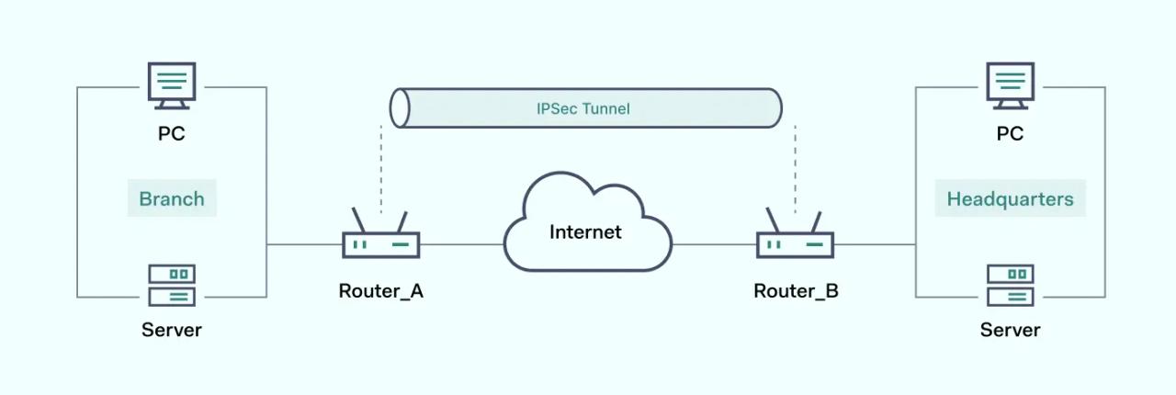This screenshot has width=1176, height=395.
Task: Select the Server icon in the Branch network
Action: [x=171, y=285]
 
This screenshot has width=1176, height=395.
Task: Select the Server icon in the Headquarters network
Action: [x=1010, y=285]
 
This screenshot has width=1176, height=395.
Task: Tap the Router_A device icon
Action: [x=381, y=244]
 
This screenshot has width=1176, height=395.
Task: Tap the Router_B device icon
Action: [x=795, y=244]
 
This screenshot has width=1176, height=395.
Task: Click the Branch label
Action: [x=172, y=198]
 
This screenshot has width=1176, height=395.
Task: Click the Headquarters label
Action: [x=1010, y=198]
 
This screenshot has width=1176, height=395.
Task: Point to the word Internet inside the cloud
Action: [x=585, y=231]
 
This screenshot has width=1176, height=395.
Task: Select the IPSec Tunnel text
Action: [x=583, y=108]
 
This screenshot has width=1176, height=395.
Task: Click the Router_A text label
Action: [x=381, y=292]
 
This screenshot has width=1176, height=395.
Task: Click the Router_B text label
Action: [x=796, y=292]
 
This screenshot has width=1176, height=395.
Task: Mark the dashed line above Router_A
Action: [x=381, y=165]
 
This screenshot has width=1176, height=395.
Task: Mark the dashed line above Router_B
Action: [x=795, y=165]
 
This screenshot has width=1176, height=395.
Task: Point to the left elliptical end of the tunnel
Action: [x=400, y=108]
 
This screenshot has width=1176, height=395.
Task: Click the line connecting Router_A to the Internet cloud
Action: [x=461, y=244]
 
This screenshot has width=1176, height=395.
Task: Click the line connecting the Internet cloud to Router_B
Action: [x=714, y=244]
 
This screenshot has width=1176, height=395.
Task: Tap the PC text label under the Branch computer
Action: [x=171, y=134]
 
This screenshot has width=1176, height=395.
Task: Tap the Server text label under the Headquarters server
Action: [x=1010, y=330]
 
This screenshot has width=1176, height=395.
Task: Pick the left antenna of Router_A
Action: [x=361, y=221]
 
